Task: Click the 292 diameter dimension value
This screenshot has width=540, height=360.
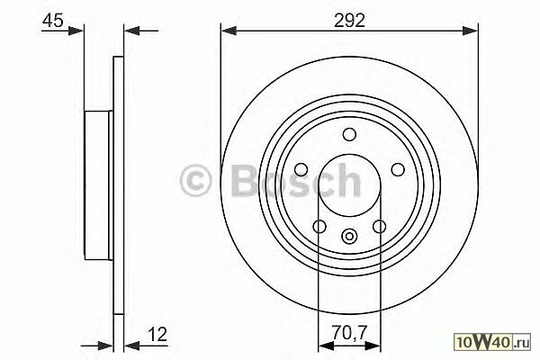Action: click(349, 21)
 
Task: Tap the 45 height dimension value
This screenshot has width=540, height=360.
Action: click(53, 21)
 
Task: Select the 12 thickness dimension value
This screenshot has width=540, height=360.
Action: click(158, 334)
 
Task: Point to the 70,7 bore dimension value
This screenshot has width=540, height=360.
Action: click(350, 333)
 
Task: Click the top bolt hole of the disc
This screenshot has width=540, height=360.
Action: click(349, 134)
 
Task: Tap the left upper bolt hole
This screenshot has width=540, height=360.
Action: click(301, 169)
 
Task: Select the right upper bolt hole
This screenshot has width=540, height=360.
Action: click(398, 169)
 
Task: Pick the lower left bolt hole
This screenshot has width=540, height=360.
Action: click(319, 226)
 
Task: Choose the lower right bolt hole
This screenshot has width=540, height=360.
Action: click(380, 226)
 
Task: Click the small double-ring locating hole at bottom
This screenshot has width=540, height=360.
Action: click(349, 237)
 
